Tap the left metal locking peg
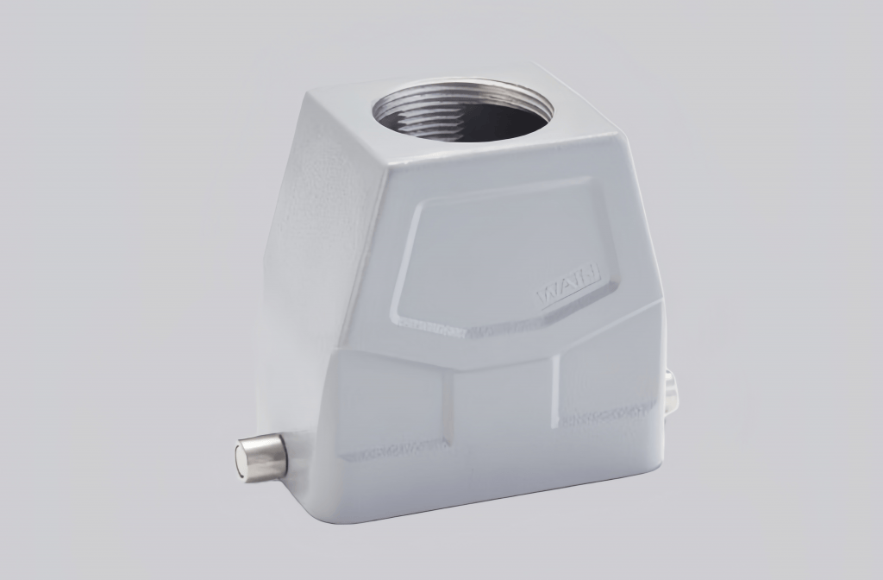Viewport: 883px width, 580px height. pos(261,457)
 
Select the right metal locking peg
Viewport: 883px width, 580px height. pos(671,390)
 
